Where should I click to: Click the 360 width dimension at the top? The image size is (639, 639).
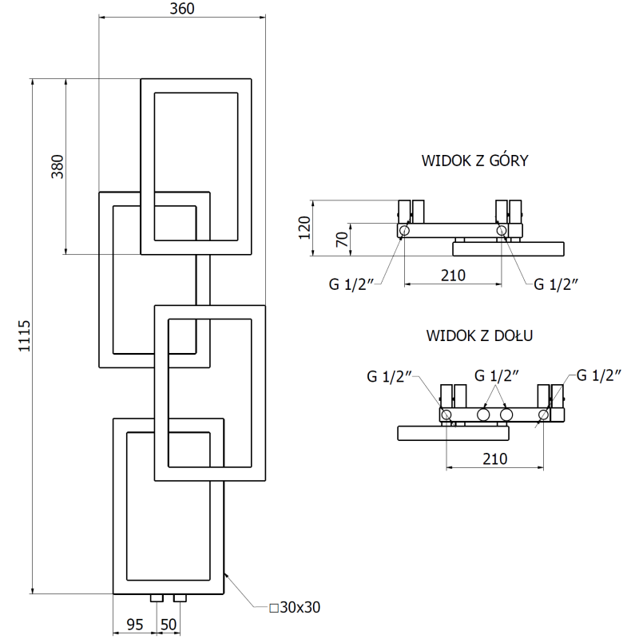point(182,9)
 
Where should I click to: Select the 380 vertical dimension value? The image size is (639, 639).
point(57,165)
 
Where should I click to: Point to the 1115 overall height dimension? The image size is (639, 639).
point(24,335)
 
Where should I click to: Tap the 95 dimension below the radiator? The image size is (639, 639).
point(134,624)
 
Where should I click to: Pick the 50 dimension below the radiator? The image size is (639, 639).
point(168,624)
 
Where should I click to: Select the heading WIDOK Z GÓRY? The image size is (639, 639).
point(475,161)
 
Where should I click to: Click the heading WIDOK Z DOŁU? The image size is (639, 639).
point(479,335)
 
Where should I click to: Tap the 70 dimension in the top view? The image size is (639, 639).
point(341,240)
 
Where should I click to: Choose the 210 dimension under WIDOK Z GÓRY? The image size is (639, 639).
point(453,276)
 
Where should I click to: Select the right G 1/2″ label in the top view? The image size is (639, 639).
point(556,284)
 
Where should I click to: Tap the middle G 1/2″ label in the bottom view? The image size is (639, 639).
point(497,375)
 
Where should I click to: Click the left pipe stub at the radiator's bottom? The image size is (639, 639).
point(156,597)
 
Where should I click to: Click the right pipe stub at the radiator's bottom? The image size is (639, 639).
point(180,597)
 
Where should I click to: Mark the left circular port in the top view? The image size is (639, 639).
point(404,231)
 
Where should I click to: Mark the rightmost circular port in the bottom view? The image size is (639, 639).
point(543,415)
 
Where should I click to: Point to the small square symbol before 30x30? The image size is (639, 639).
point(273,609)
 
